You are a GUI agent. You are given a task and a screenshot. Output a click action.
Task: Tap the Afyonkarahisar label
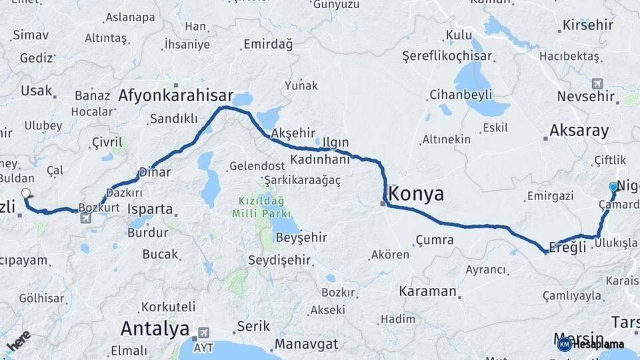(x=176, y=95)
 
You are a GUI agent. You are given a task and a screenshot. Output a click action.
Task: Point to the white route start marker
(x=26, y=193)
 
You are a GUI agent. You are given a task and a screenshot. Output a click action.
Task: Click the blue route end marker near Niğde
(x=613, y=187)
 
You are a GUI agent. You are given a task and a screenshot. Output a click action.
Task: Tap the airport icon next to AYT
(x=203, y=332)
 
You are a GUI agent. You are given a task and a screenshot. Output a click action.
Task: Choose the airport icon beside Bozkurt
(x=85, y=217)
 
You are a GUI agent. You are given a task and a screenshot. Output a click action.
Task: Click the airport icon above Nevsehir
(x=597, y=84)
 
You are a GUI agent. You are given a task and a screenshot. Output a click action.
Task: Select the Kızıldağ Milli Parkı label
(x=261, y=207)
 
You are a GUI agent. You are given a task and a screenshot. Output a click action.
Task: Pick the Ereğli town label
(x=569, y=247)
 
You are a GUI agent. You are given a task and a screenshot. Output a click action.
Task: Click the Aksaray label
(x=579, y=131)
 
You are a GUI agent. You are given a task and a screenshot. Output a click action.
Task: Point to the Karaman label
(x=427, y=291)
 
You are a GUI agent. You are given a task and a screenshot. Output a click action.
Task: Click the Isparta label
(x=150, y=209)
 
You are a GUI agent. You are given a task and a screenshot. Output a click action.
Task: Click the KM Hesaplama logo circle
(x=565, y=344)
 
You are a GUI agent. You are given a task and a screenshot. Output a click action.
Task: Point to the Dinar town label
(x=155, y=172)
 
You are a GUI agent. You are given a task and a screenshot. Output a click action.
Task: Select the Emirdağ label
(x=268, y=45)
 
